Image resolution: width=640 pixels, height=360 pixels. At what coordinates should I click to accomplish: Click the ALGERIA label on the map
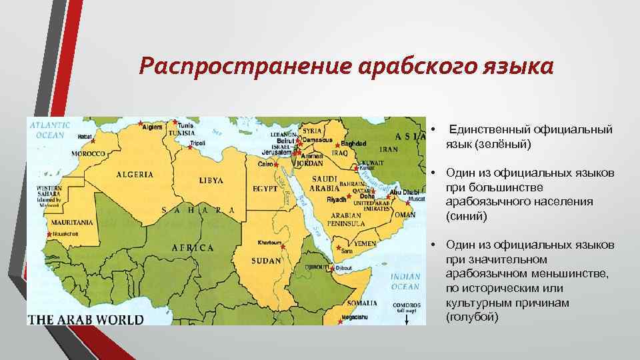pos(135,175)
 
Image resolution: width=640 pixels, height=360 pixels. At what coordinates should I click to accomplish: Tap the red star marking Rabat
pos(93,141)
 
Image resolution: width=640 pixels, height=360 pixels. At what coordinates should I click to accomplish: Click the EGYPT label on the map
pos(265,189)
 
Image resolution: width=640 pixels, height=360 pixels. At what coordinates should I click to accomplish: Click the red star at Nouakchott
pos(49,235)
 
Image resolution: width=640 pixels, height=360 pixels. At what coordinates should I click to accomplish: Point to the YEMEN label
pos(365,244)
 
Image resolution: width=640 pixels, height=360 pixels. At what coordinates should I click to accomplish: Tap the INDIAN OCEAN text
pos(405,281)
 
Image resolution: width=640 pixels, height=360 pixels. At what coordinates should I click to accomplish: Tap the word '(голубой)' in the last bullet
pos(472,317)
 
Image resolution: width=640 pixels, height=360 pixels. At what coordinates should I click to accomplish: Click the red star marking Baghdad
pos(338,145)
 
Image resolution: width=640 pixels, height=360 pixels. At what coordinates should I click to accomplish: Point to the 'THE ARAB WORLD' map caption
pos(85,319)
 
